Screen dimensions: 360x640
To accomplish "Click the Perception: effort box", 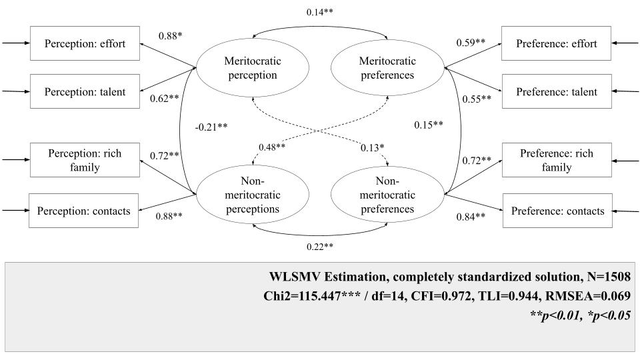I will click(85, 44).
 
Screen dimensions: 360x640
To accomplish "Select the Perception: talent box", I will click(85, 92).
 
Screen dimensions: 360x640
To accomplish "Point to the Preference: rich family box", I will click(558, 160).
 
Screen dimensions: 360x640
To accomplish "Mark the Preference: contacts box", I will click(557, 211).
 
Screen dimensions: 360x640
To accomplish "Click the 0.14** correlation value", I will click(320, 13).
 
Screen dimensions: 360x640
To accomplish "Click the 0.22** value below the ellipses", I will click(320, 246).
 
